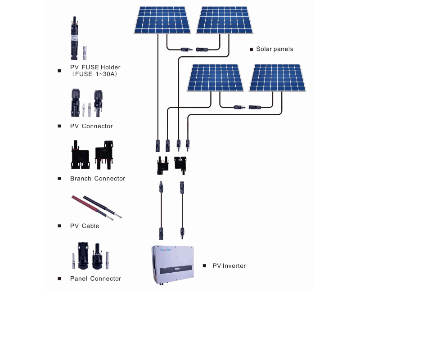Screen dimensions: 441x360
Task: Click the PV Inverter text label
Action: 229,266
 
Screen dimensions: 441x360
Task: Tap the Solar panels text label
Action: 274,49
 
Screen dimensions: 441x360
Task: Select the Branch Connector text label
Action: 98,179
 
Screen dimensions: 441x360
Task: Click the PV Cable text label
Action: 85,226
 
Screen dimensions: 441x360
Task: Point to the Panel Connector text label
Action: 95,279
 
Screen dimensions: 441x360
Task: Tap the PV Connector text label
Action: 91,126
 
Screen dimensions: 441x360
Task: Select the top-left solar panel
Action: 162,20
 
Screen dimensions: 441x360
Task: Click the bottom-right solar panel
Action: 278,77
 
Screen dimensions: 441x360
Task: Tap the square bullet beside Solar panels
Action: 252,49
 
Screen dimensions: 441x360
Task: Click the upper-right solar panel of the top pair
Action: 225,20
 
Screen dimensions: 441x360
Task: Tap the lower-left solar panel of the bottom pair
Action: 216,77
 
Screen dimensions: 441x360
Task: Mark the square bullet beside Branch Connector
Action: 59,179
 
